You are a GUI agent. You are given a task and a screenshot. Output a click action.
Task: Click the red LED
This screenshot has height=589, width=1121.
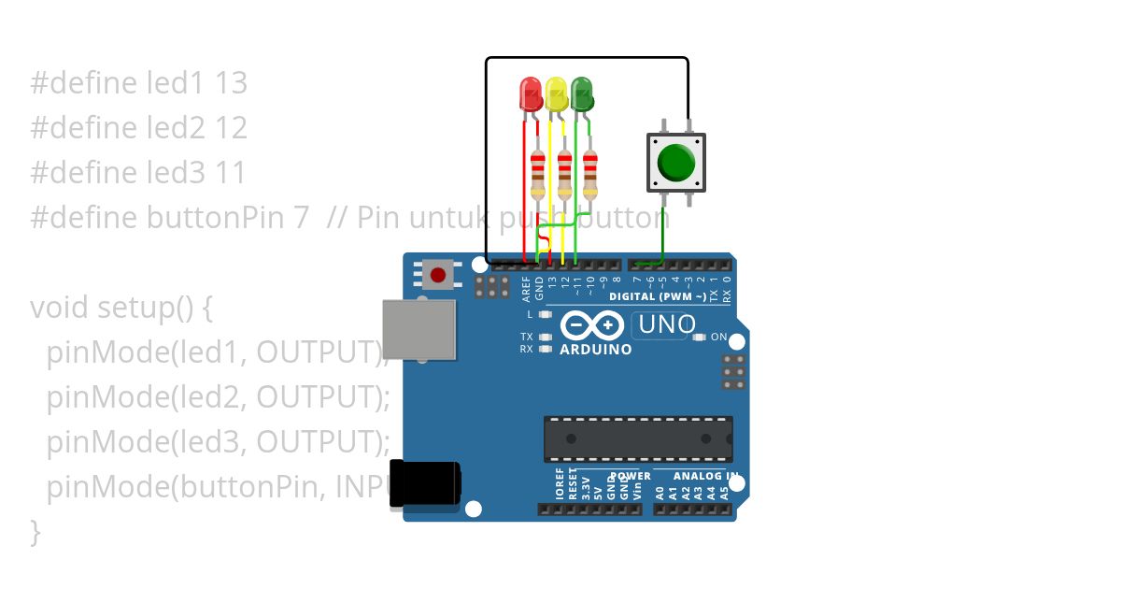(530, 94)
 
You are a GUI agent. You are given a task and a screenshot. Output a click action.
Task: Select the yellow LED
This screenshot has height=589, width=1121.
(556, 94)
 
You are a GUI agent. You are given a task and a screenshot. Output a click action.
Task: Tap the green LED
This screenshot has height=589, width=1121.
(582, 94)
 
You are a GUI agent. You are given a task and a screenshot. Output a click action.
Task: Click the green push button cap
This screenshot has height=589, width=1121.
(675, 163)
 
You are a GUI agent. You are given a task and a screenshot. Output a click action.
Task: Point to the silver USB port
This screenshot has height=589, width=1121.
(419, 329)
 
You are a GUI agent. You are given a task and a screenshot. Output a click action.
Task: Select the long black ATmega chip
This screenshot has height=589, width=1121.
(638, 438)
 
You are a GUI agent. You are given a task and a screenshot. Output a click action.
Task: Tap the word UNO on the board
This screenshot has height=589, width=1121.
(664, 325)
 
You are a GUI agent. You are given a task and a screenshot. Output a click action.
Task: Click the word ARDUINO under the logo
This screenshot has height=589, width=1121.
(595, 350)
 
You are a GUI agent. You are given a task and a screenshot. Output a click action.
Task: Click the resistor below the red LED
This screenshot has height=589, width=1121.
(537, 174)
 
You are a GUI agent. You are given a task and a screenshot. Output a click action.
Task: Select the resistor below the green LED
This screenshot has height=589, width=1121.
(589, 174)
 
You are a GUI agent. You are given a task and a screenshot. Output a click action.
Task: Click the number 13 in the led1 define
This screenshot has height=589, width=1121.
(231, 83)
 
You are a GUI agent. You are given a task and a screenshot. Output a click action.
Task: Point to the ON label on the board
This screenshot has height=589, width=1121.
(718, 337)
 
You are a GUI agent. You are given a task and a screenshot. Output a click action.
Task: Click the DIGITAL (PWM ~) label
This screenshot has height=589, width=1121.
(658, 296)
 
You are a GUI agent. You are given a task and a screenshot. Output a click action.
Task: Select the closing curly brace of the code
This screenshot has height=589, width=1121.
(35, 531)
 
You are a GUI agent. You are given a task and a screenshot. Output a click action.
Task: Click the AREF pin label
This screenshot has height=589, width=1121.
(526, 288)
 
